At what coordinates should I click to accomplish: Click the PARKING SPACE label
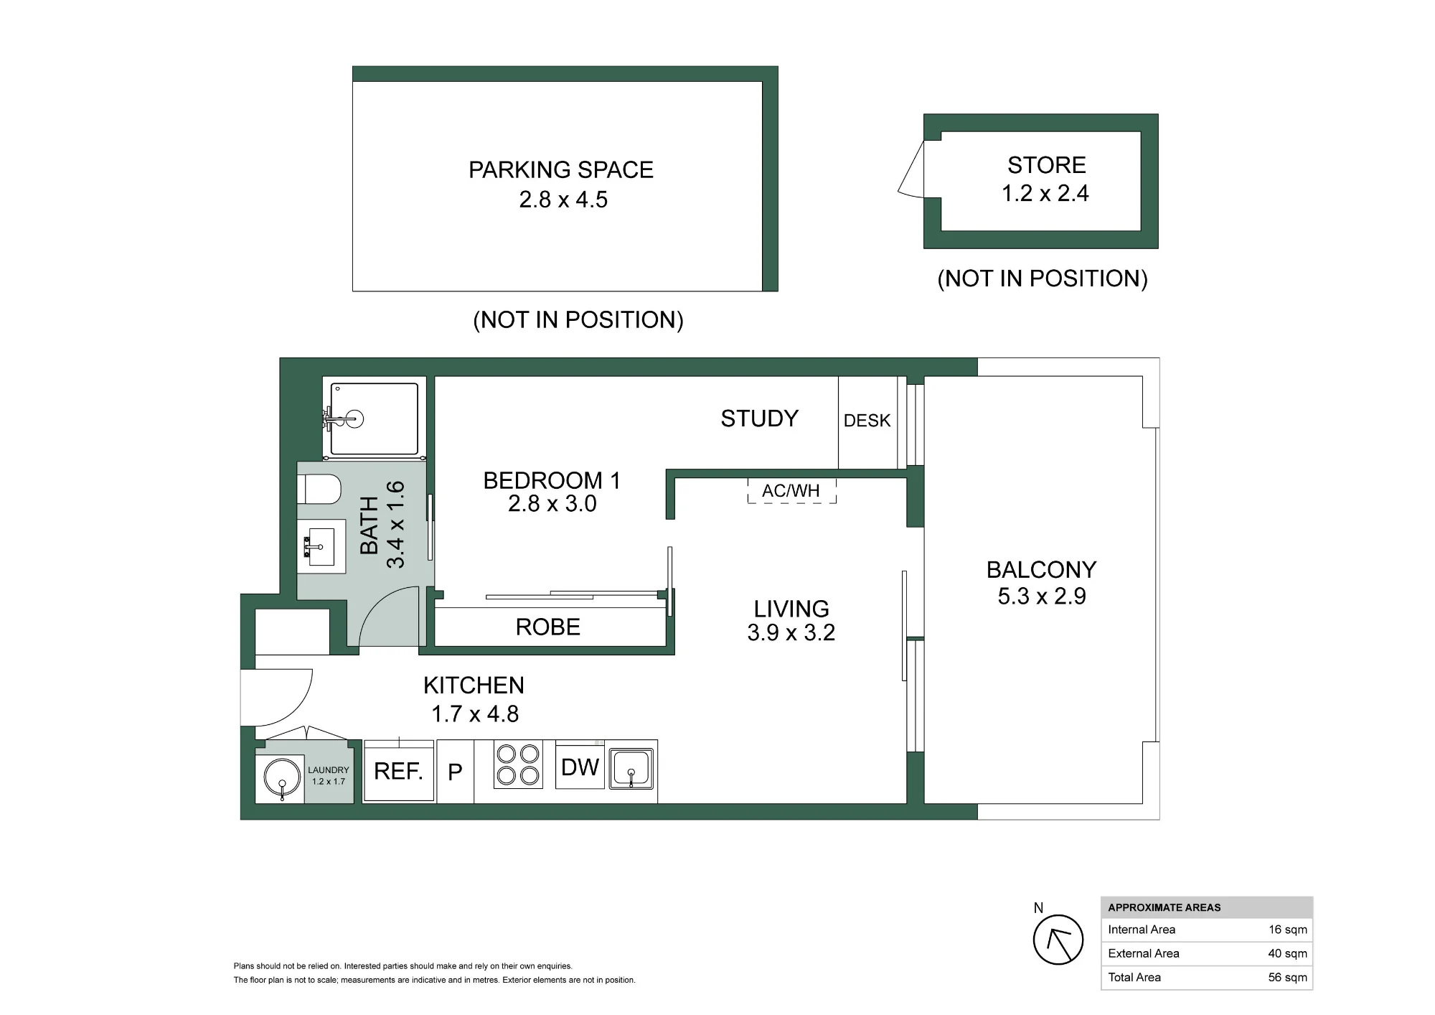point(561,170)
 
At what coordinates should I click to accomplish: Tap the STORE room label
point(1047,165)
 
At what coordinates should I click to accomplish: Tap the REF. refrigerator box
point(399,771)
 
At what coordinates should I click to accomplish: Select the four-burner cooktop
point(519,764)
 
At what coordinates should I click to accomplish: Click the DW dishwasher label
point(580,767)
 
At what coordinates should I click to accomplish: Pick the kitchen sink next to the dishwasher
point(631,769)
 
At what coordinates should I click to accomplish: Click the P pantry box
point(455,772)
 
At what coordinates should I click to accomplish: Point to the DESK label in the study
point(867,421)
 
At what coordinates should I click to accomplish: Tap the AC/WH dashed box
point(791,490)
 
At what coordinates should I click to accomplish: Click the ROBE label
point(547,627)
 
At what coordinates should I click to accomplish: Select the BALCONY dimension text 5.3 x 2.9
point(1042,596)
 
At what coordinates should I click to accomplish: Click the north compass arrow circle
point(1058,940)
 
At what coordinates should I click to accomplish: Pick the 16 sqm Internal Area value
point(1287,930)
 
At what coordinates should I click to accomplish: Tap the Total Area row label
point(1134,977)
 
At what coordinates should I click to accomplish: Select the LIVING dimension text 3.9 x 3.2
point(791,632)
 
